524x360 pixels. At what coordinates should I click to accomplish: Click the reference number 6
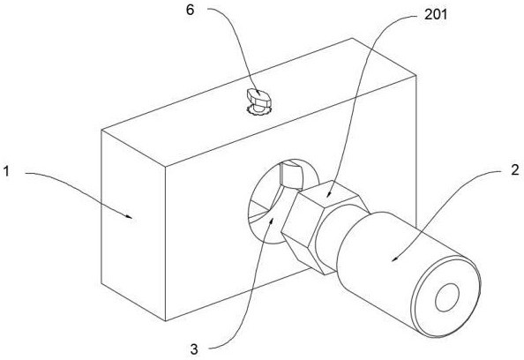pyautogui.click(x=190, y=10)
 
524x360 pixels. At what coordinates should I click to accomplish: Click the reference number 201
pyautogui.click(x=436, y=14)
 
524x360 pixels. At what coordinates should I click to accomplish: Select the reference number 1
pyautogui.click(x=7, y=171)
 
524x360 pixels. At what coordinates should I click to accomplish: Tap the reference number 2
pyautogui.click(x=515, y=169)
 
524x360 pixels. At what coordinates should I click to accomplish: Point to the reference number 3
pyautogui.click(x=194, y=349)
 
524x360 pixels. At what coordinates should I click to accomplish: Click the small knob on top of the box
pyautogui.click(x=259, y=98)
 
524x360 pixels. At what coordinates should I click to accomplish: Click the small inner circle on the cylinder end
pyautogui.click(x=447, y=297)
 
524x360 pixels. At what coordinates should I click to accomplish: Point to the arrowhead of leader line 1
pyautogui.click(x=130, y=216)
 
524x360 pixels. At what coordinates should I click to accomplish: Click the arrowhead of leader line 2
pyautogui.click(x=395, y=259)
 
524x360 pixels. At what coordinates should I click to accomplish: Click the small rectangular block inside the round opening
pyautogui.click(x=291, y=174)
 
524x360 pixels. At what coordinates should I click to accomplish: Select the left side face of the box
pyautogui.click(x=134, y=225)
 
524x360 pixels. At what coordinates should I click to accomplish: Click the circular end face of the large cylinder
pyautogui.click(x=446, y=297)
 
